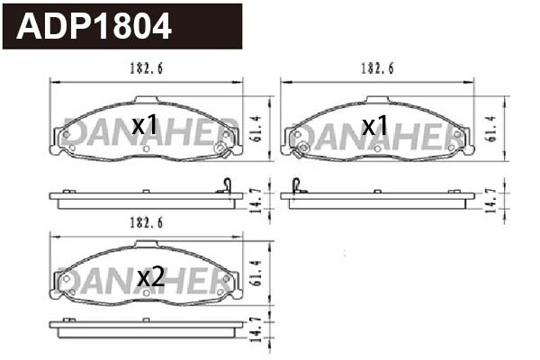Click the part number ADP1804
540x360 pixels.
click(x=94, y=27)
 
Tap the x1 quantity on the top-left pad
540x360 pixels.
click(x=145, y=126)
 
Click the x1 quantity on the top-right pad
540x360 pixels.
click(x=374, y=126)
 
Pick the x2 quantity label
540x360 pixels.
click(x=150, y=278)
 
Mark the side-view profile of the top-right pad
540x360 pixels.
click(x=378, y=198)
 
